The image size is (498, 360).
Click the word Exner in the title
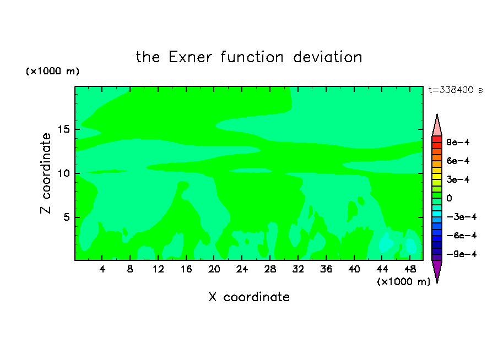tap(190, 57)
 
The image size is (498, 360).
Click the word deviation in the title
tap(328, 57)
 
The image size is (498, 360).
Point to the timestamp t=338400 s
tap(456, 90)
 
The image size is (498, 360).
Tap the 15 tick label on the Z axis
tap(63, 129)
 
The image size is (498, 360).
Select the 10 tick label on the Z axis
tap(63, 173)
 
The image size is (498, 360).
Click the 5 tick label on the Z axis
tap(66, 217)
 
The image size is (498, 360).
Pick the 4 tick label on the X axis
tap(102, 269)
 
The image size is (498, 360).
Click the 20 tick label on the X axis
tap(214, 269)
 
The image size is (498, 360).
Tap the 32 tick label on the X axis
tap(298, 269)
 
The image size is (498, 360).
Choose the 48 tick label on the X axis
tap(410, 269)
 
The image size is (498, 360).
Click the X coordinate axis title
tap(249, 297)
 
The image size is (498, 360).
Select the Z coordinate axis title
tap(46, 173)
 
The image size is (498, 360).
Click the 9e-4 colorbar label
tap(458, 142)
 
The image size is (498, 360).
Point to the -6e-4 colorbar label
tap(462, 236)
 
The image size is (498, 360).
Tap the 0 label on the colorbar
tap(449, 198)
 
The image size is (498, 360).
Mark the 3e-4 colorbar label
tap(458, 179)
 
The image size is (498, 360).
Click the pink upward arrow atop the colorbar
tap(437, 125)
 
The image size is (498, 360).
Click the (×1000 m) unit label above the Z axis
tap(52, 71)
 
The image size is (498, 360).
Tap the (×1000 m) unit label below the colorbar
tap(403, 282)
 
